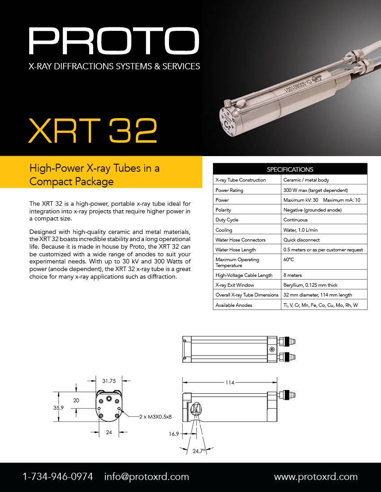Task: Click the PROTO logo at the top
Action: pyautogui.click(x=114, y=41)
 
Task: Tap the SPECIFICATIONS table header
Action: pyautogui.click(x=290, y=170)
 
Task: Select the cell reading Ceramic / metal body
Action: pyautogui.click(x=306, y=180)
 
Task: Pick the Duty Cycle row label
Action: pyautogui.click(x=227, y=220)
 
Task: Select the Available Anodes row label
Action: pyautogui.click(x=234, y=305)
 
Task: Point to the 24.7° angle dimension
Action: pyautogui.click(x=199, y=451)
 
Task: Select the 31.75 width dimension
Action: pyautogui.click(x=109, y=382)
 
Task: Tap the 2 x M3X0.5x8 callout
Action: pyautogui.click(x=155, y=416)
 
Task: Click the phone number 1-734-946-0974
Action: pyautogui.click(x=58, y=477)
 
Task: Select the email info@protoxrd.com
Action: pyautogui.click(x=147, y=477)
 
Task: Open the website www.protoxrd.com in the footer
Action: pyautogui.click(x=316, y=477)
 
